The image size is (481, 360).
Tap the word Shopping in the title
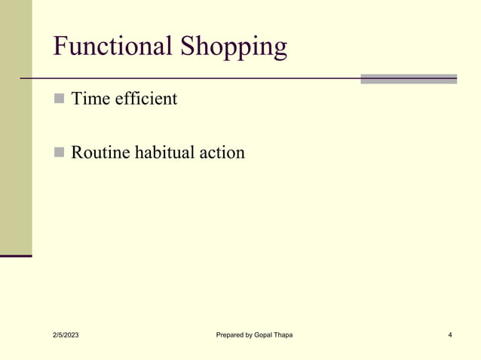(x=234, y=48)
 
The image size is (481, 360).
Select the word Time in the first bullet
(x=90, y=98)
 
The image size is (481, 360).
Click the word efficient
(x=146, y=98)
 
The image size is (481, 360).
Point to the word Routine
(x=100, y=153)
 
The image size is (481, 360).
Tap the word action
(x=222, y=153)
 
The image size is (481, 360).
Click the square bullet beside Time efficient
(x=60, y=99)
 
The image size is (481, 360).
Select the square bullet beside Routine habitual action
(x=60, y=154)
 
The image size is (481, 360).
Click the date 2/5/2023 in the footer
(x=65, y=334)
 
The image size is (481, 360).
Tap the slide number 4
(x=449, y=334)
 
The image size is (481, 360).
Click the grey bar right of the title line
(x=408, y=78)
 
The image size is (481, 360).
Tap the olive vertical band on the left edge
(x=16, y=128)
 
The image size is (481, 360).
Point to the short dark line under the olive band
(x=16, y=256)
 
